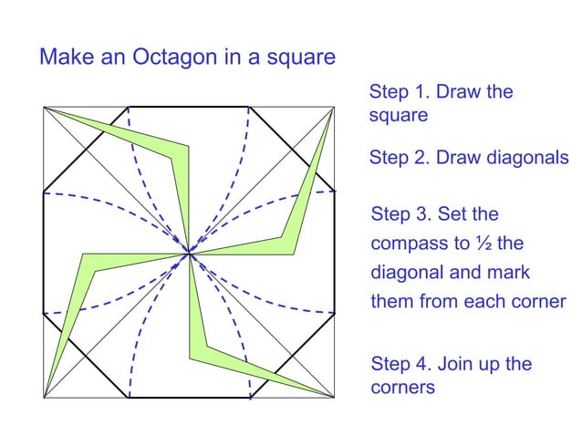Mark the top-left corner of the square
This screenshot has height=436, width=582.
(x=44, y=107)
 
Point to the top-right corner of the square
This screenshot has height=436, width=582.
(x=335, y=107)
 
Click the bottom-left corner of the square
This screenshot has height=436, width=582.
(x=44, y=398)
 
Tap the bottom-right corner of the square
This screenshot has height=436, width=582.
(x=335, y=398)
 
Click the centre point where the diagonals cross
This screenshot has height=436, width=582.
(x=190, y=253)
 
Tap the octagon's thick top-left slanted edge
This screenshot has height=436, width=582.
(x=86, y=151)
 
